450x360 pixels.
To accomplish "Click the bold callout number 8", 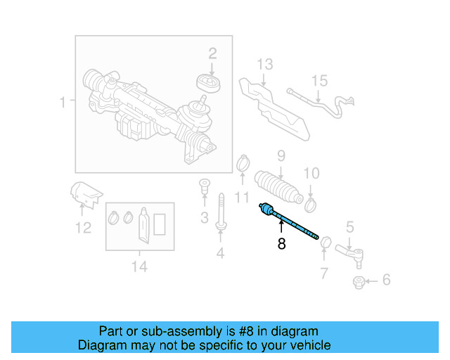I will (281, 245).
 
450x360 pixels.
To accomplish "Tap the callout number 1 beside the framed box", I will (63, 103).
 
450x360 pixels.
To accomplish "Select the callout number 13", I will (264, 65).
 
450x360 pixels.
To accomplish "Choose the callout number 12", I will (83, 227).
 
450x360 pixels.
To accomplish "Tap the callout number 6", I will (386, 281).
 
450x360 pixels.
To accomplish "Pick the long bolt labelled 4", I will (221, 212).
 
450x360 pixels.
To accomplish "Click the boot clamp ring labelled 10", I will (311, 204).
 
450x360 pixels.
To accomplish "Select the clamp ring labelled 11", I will (243, 164).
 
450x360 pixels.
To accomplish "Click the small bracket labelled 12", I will (85, 194).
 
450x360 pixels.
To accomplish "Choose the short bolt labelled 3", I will (204, 188).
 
